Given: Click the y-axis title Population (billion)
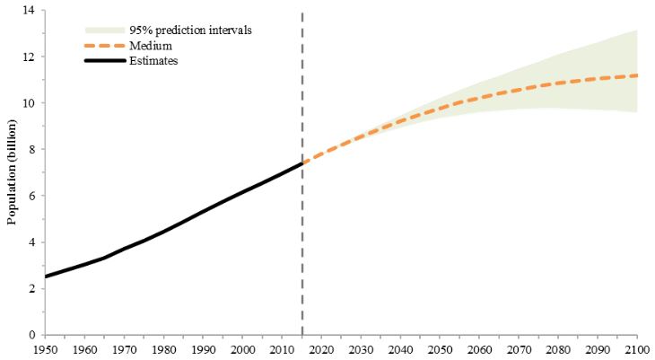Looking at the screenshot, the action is pos(13,171).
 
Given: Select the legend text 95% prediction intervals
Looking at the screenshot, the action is pos(190,31).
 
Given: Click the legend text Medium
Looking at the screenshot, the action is pos(151,45).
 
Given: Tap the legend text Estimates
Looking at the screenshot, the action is pos(153,61).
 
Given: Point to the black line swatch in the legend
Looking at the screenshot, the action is pos(105,61).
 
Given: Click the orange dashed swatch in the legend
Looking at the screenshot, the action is pos(105,46).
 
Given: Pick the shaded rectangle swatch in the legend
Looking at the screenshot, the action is pos(105,31).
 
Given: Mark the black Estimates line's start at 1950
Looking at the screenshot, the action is pos(45,277).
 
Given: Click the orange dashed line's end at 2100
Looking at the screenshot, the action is pos(637,75).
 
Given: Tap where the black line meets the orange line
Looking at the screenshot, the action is pos(301,163).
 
